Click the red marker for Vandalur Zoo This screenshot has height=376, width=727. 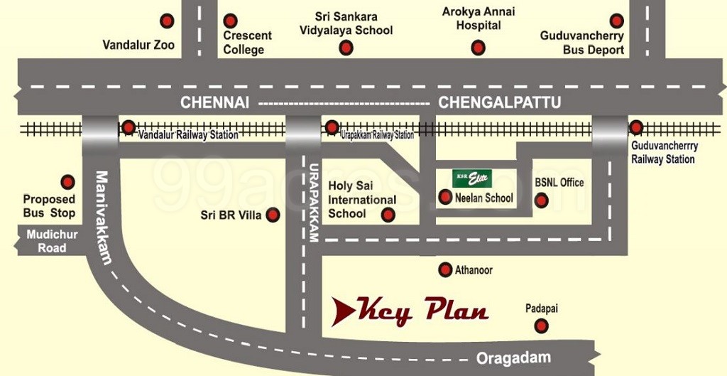167,21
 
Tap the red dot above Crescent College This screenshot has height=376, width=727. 230,21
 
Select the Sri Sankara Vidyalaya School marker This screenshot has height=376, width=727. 346,48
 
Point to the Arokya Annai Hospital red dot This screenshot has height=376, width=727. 479,48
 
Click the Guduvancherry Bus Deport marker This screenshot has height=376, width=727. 616,21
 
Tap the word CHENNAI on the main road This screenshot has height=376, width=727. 214,102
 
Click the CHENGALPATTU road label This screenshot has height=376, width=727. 499,102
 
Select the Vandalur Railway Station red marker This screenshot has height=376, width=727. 129,127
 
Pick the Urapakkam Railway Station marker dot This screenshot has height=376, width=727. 332,127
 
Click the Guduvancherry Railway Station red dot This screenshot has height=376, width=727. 636,127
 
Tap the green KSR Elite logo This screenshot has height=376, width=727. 472,178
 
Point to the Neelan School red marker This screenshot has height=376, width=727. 445,198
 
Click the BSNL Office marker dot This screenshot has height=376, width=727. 541,200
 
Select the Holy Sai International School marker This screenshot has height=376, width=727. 388,214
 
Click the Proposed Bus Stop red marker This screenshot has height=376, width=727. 67,182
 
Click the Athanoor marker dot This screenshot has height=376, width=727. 445,269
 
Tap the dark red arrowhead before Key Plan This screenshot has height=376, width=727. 344,311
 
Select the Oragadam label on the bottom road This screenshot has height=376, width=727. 513,358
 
